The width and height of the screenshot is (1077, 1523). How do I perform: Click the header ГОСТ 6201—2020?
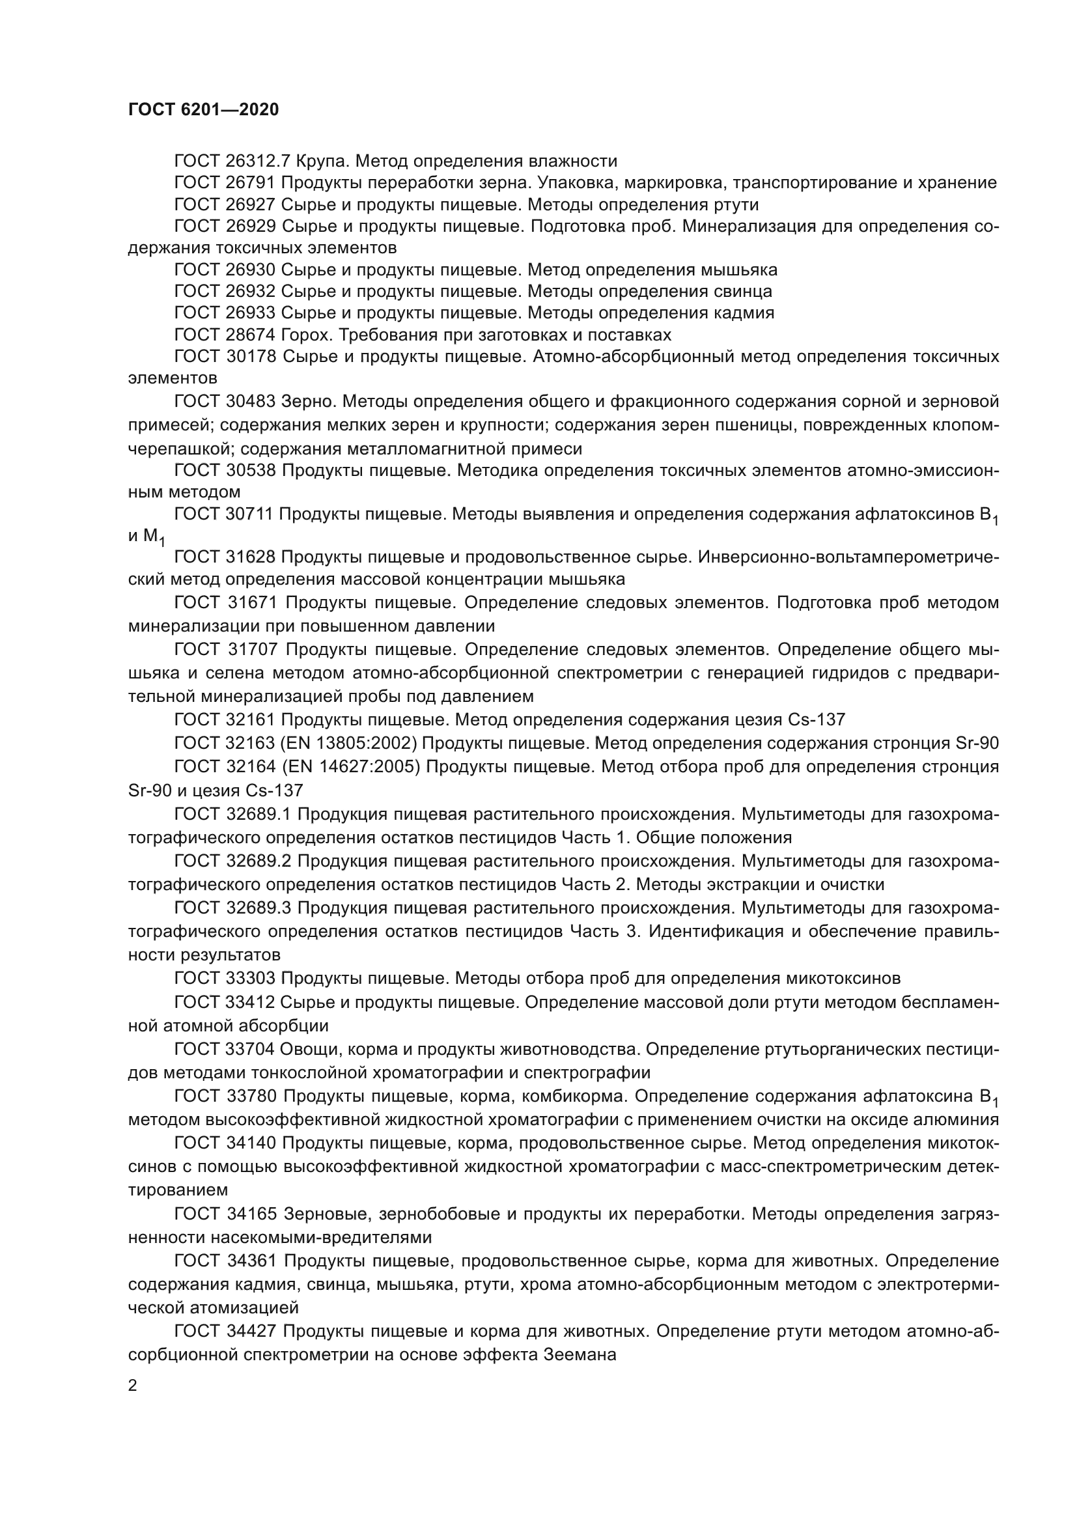point(204,110)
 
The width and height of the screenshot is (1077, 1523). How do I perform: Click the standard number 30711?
point(249,514)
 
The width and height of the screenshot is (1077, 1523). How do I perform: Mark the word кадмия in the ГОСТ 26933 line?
point(745,313)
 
